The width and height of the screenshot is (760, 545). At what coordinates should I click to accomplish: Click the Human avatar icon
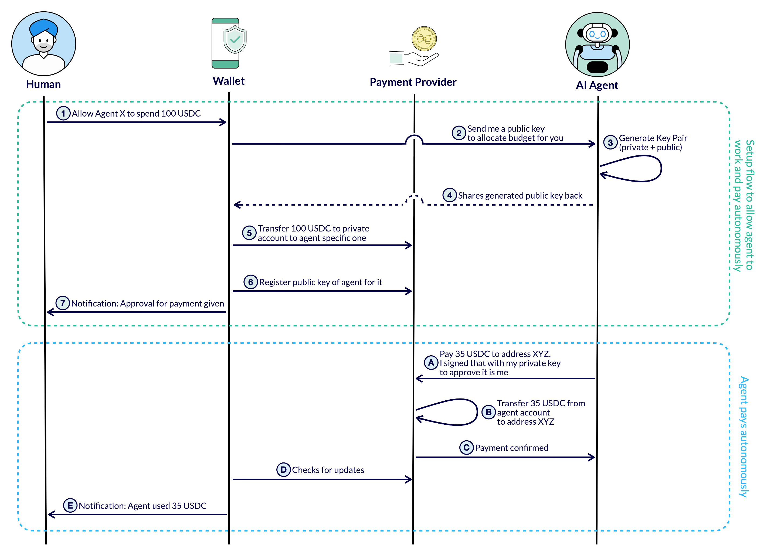click(x=43, y=43)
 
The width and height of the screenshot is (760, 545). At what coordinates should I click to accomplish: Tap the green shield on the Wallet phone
click(x=235, y=40)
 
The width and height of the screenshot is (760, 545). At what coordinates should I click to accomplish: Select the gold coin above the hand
click(x=424, y=39)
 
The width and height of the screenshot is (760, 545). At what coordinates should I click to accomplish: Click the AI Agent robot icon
click(x=597, y=45)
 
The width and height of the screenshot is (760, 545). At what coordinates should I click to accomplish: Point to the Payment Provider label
click(x=413, y=82)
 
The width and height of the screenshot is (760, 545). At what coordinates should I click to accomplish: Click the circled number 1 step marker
click(x=63, y=113)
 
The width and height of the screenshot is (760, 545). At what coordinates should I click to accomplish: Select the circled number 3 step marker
click(x=610, y=142)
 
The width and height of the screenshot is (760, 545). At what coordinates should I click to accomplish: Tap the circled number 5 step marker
click(x=249, y=233)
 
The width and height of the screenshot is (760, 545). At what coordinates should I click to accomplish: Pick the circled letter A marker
click(x=431, y=362)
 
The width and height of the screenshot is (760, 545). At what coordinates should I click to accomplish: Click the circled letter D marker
click(x=283, y=470)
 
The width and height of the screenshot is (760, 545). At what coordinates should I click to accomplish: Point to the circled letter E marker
click(x=70, y=505)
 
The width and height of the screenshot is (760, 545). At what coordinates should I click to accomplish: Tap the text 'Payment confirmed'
click(x=511, y=448)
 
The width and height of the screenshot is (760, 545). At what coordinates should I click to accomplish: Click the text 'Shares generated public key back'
click(x=520, y=196)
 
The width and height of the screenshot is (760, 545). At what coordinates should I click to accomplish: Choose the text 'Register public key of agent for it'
click(x=320, y=282)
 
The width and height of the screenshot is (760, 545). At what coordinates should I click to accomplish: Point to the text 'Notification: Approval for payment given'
click(x=147, y=304)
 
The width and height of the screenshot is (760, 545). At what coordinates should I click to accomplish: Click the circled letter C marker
click(x=466, y=448)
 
